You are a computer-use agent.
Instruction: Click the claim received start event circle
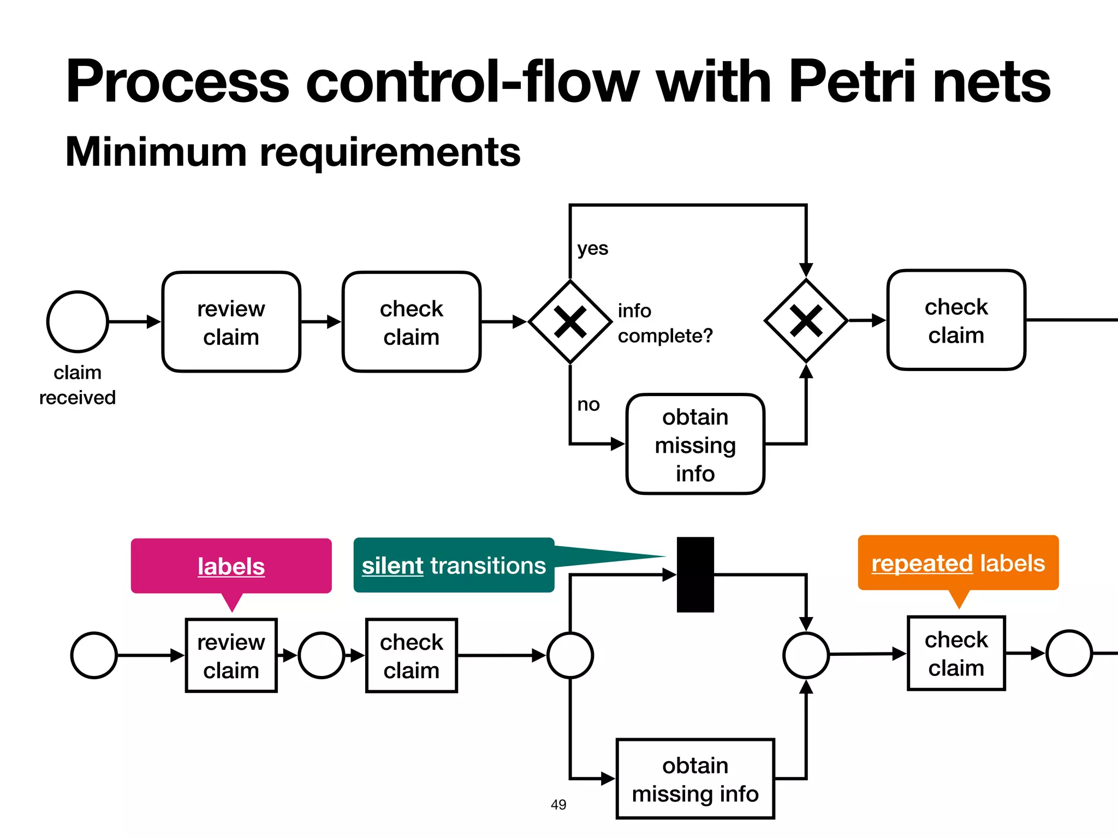pyautogui.click(x=78, y=321)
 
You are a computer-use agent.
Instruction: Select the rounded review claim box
pyautogui.click(x=231, y=322)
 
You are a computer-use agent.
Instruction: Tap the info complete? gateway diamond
pyautogui.click(x=570, y=322)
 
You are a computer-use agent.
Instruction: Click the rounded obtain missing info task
pyautogui.click(x=695, y=444)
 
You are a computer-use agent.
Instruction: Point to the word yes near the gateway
pyautogui.click(x=592, y=248)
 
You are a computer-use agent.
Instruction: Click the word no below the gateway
pyautogui.click(x=588, y=404)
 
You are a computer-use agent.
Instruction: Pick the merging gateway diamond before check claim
pyautogui.click(x=806, y=320)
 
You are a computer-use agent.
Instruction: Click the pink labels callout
pyautogui.click(x=231, y=566)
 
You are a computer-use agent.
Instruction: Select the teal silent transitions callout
pyautogui.click(x=454, y=565)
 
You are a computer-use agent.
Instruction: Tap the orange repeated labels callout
pyautogui.click(x=958, y=563)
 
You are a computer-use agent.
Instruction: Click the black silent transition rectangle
pyautogui.click(x=695, y=574)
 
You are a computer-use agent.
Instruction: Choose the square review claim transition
pyautogui.click(x=231, y=655)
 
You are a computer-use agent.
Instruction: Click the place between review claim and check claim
pyautogui.click(x=322, y=655)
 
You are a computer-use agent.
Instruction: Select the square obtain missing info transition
pyautogui.click(x=695, y=779)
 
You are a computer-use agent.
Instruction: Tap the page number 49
pyautogui.click(x=558, y=804)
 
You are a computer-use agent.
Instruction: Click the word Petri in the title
pyautogui.click(x=852, y=82)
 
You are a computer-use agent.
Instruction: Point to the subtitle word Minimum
pyautogui.click(x=156, y=152)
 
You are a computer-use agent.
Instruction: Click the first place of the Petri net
pyautogui.click(x=94, y=655)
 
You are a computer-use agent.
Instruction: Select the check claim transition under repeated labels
pyautogui.click(x=956, y=653)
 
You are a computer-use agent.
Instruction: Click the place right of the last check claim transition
pyautogui.click(x=1069, y=653)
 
